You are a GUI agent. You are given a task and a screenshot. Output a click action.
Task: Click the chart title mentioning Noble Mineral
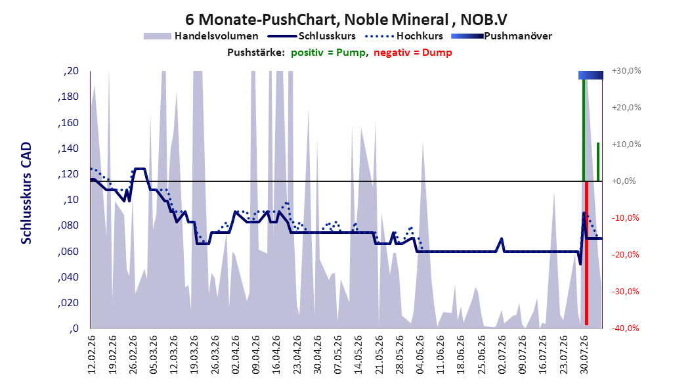346,20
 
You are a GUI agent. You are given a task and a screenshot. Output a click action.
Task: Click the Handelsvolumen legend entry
202,36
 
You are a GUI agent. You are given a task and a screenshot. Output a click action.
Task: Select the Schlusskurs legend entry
312,36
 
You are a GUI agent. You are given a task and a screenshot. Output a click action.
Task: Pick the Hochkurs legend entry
404,36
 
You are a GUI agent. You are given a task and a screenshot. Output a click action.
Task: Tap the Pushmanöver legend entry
502,36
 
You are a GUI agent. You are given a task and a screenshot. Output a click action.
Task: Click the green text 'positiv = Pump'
328,53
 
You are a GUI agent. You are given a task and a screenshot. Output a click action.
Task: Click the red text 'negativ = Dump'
413,53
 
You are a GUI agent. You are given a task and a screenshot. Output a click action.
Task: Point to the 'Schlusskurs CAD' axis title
26,193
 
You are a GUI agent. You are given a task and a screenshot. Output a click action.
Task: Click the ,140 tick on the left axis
68,148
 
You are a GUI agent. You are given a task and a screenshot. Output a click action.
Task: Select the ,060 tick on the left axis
68,252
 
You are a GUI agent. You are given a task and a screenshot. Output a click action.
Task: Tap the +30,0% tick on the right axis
626,71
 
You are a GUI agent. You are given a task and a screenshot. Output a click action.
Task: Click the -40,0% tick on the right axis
625,328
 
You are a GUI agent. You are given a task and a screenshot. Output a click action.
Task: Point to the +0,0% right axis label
624,181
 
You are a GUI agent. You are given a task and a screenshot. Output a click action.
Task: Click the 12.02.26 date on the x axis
92,355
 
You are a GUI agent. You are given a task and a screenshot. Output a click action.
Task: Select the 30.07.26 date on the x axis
584,355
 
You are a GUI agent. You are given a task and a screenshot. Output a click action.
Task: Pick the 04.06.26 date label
420,355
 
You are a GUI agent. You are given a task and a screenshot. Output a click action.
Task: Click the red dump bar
586,253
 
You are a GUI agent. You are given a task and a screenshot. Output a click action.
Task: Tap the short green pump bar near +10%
598,162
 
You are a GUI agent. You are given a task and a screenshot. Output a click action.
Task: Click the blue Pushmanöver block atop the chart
591,75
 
